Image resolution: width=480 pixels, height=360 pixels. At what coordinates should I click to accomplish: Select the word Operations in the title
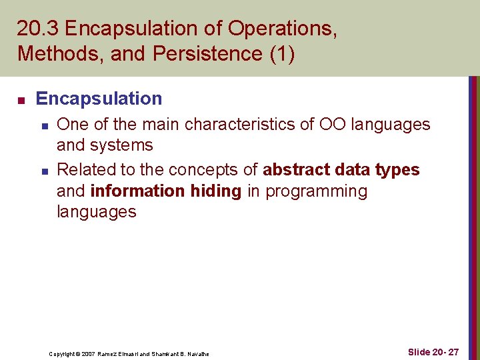(x=280, y=29)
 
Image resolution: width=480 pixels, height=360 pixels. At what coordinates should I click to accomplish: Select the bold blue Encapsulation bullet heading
(x=99, y=99)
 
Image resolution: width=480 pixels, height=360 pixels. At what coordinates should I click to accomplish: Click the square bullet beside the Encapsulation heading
(x=21, y=100)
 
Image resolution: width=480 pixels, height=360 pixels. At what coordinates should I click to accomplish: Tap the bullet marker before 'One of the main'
(x=44, y=125)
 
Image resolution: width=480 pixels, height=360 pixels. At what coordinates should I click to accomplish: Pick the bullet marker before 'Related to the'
(x=44, y=171)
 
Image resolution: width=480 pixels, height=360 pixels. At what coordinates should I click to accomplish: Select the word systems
(x=122, y=145)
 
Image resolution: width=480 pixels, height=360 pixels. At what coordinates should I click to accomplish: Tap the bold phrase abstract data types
(x=341, y=170)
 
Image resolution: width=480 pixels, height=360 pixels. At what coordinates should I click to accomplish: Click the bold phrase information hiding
(x=165, y=191)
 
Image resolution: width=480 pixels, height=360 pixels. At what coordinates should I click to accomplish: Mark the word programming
(x=317, y=191)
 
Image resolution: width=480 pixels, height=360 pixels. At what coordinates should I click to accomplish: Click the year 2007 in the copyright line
(x=87, y=354)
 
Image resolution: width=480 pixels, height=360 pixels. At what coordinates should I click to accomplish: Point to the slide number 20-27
(x=433, y=352)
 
